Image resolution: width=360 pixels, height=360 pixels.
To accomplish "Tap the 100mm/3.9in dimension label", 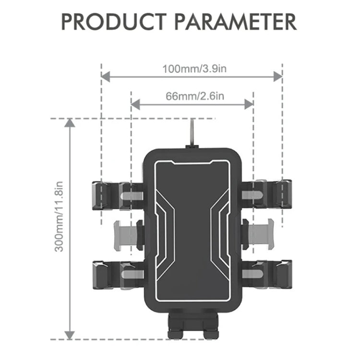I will (192, 69).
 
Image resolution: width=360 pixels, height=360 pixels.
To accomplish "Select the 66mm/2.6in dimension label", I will (192, 96).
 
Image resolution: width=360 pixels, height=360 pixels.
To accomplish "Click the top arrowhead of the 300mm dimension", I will (70, 123).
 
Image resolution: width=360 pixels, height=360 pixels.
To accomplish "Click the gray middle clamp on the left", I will (126, 234).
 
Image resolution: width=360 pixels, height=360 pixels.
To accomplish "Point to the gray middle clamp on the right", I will (258, 234).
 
